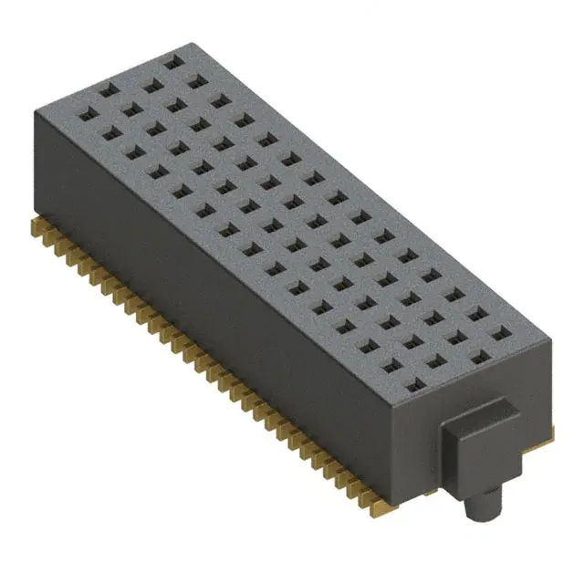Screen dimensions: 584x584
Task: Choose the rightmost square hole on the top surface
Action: (499, 337)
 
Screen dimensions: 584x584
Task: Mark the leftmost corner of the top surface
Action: (35, 110)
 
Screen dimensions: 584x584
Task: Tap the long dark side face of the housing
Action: (210, 310)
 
